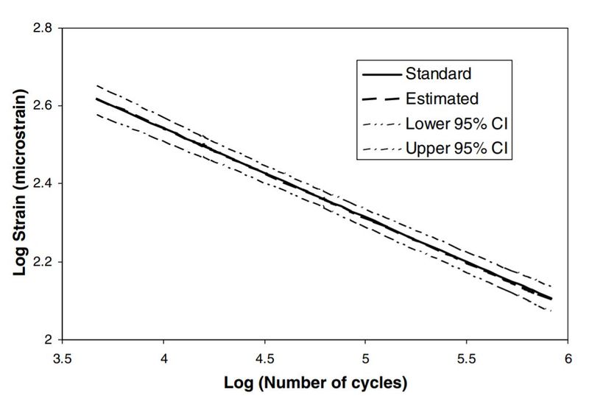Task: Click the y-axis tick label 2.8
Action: click(43, 28)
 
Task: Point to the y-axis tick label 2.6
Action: click(43, 106)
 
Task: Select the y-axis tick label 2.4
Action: click(43, 184)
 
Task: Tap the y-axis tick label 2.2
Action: click(43, 262)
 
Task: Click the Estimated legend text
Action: click(442, 98)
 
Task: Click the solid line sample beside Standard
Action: click(381, 74)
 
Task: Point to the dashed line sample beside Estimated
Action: click(381, 98)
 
